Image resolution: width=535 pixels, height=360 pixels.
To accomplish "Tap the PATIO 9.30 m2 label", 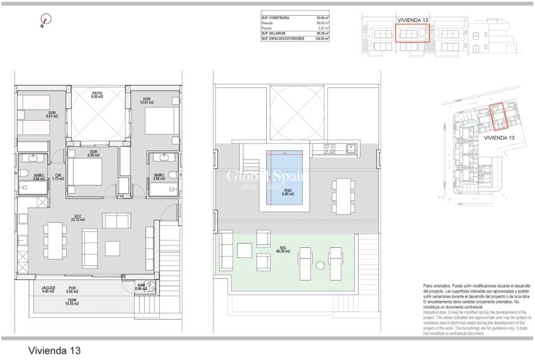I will click(96, 96).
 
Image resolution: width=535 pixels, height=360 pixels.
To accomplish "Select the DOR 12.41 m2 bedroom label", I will click(147, 101).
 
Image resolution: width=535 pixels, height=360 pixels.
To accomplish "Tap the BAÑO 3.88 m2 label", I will click(159, 177).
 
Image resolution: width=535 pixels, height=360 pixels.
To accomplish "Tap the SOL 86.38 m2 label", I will click(281, 249).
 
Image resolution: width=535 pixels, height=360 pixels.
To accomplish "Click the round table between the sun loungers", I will click(319, 263).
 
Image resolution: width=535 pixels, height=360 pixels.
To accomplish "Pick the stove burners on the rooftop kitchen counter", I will click(327, 149).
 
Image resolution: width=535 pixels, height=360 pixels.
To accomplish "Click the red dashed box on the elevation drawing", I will click(412, 30).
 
